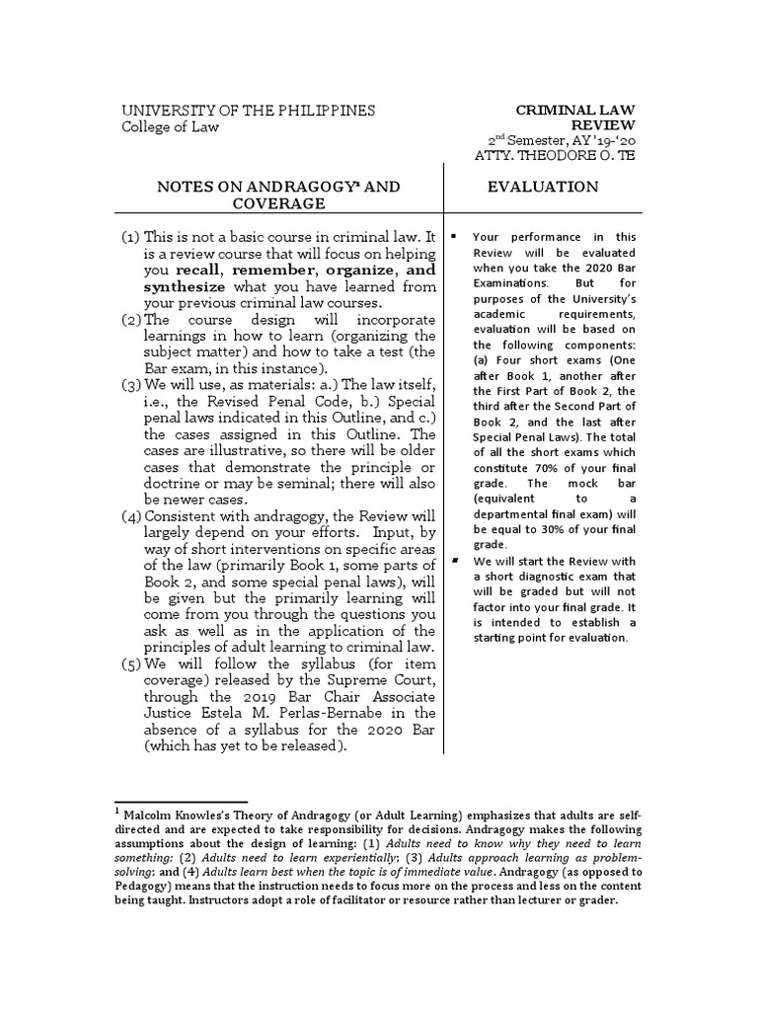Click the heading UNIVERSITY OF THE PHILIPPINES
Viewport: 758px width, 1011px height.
coord(248,111)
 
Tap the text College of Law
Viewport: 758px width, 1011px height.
coord(170,126)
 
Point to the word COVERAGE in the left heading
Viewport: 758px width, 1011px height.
coord(278,203)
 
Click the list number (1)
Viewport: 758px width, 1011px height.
coord(130,238)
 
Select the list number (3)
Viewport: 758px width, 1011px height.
coord(130,383)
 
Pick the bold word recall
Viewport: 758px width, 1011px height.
coord(201,270)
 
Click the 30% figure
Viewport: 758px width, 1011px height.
coord(547,527)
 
